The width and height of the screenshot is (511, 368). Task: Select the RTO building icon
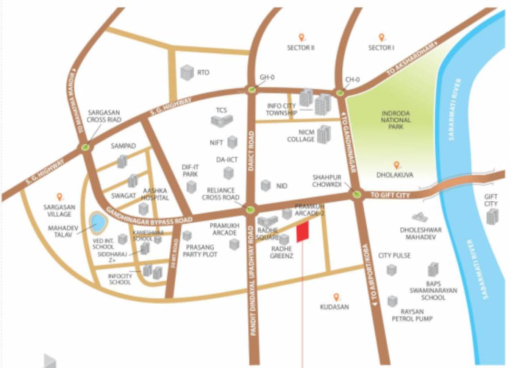coord(186,73)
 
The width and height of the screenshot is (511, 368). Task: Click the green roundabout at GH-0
coord(251,89)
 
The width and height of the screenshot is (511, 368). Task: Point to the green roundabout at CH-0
coord(340,93)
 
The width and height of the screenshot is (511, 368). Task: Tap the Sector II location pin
coord(301,37)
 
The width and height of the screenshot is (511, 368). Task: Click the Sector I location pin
coord(382,37)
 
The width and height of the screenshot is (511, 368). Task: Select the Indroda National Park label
coord(396,120)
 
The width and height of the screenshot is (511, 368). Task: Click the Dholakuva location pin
coord(396,165)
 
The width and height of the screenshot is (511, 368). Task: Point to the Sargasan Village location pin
coord(59,196)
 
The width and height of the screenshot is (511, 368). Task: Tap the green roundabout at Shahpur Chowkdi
coord(357,194)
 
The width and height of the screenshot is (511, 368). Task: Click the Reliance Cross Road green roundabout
coord(250,209)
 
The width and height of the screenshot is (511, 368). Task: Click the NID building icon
coord(265,185)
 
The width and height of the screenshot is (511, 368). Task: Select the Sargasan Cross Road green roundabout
coord(85,147)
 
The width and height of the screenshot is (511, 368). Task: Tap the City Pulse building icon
coord(392,269)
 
